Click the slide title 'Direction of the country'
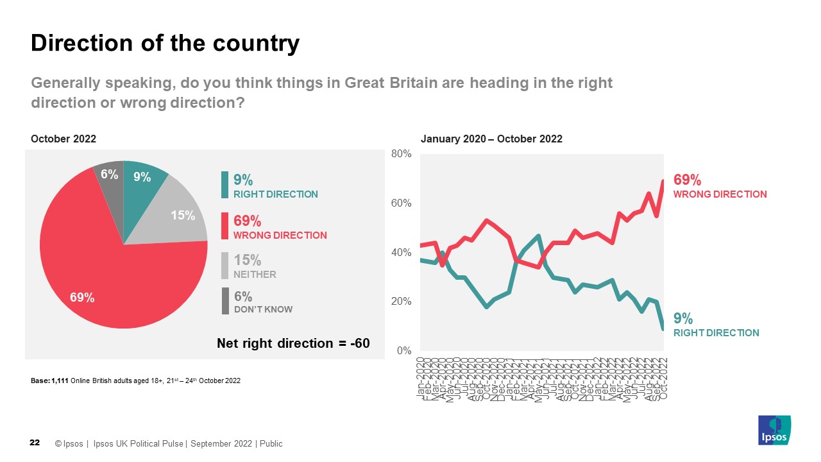165,44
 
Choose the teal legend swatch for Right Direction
224,185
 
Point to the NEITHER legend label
255,275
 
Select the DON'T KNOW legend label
263,309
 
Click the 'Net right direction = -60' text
294,343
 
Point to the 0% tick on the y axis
403,351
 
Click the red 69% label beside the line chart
687,180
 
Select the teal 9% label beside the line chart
682,318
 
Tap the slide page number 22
35,443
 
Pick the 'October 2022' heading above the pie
63,139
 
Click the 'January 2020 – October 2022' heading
491,139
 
